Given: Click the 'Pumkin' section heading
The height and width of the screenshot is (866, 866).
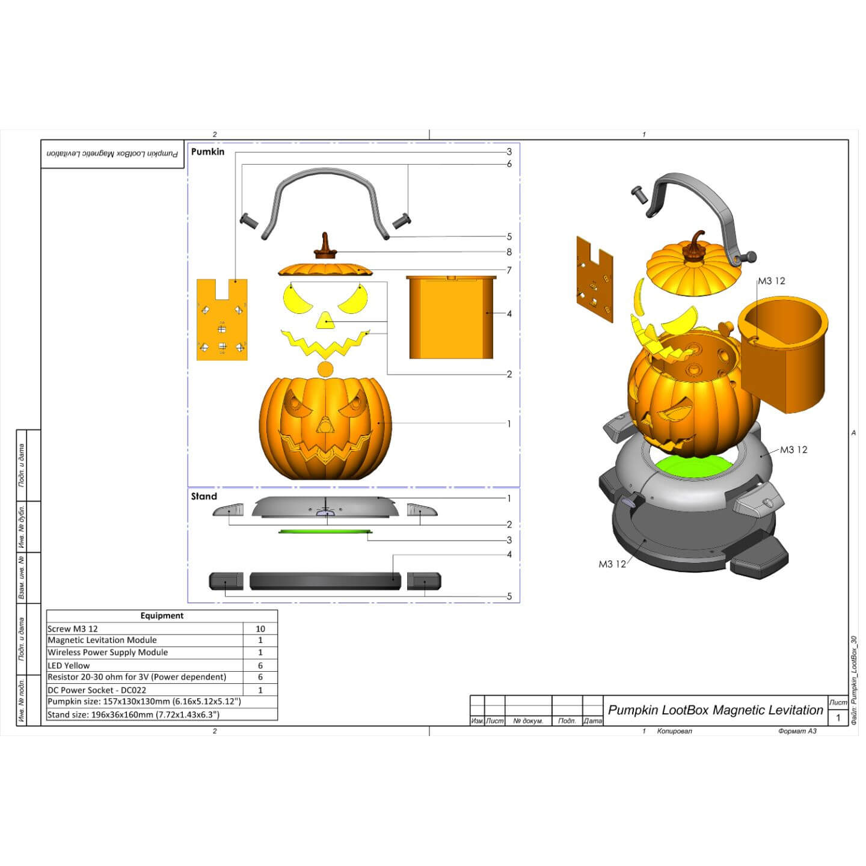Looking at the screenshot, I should [x=207, y=152].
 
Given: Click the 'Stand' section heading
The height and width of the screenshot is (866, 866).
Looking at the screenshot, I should [x=204, y=497].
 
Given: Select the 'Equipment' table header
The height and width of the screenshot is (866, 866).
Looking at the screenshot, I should [x=162, y=616].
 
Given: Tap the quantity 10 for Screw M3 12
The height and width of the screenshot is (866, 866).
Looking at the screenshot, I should [x=260, y=629].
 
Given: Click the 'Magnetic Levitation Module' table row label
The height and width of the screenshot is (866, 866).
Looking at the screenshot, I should [x=102, y=640].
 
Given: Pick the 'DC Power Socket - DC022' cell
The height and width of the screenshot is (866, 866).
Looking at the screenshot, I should [x=97, y=690].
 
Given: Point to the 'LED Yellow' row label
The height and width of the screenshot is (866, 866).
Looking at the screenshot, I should [x=69, y=666].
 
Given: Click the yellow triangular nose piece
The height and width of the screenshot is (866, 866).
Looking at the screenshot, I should [x=325, y=320].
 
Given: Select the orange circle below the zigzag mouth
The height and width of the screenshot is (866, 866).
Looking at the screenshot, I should [x=325, y=369].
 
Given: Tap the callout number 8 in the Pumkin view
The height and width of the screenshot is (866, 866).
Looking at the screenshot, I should [x=509, y=253].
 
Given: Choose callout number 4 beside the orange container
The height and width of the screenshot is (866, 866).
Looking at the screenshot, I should [x=509, y=314].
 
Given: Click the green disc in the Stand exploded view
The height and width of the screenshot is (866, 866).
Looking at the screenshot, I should [x=325, y=532].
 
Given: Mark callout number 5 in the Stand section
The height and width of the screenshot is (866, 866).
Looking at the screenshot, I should [x=509, y=597].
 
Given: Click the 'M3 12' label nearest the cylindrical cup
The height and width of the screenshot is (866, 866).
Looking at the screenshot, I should [x=771, y=281].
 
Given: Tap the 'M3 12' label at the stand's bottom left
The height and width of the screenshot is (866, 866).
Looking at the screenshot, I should [x=612, y=564].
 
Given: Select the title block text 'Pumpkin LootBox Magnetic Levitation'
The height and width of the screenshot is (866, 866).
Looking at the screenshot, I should [x=715, y=710].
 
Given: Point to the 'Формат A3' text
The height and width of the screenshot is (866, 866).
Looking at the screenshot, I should [x=797, y=731].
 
